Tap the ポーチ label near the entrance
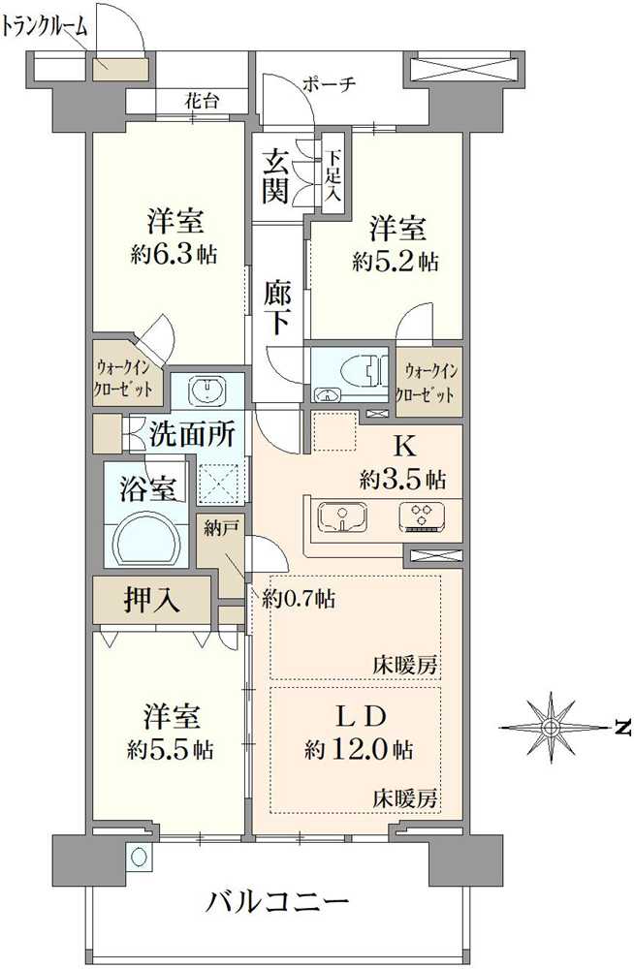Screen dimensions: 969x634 point(329,84)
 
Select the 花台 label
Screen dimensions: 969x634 point(203,99)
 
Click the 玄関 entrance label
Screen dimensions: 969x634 point(275,174)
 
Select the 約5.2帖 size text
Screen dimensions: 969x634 point(395,261)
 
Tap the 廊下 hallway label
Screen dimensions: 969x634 point(278,306)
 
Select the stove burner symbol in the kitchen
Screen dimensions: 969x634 point(422,517)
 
